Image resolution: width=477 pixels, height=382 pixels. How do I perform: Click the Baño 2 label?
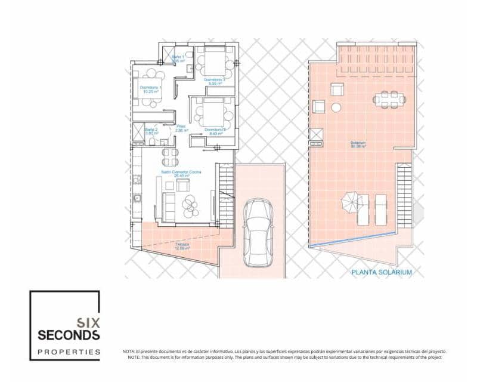coord(151,131)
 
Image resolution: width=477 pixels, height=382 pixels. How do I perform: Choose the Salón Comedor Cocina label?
coord(181,173)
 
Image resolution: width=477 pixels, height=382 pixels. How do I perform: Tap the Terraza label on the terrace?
coord(182,246)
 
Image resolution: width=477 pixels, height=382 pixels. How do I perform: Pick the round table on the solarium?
coord(336,108)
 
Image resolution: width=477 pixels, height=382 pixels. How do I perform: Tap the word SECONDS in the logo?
coord(69,335)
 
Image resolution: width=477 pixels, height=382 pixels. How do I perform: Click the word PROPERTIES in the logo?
coord(69,352)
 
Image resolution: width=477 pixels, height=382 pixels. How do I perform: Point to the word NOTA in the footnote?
coord(128,352)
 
